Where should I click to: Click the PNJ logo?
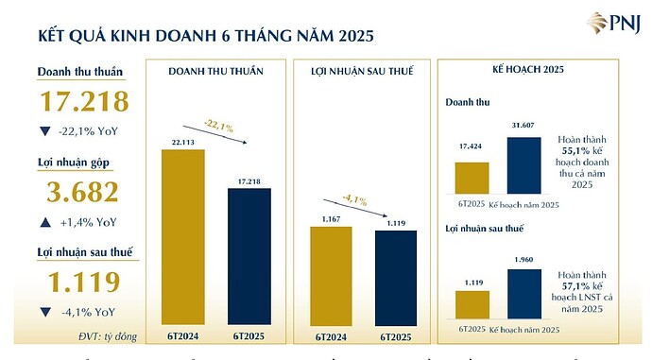[x=609, y=23]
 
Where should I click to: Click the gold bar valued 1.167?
[x=331, y=275]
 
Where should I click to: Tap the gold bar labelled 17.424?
[x=472, y=177]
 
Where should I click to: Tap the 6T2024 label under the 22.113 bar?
[x=183, y=335]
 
